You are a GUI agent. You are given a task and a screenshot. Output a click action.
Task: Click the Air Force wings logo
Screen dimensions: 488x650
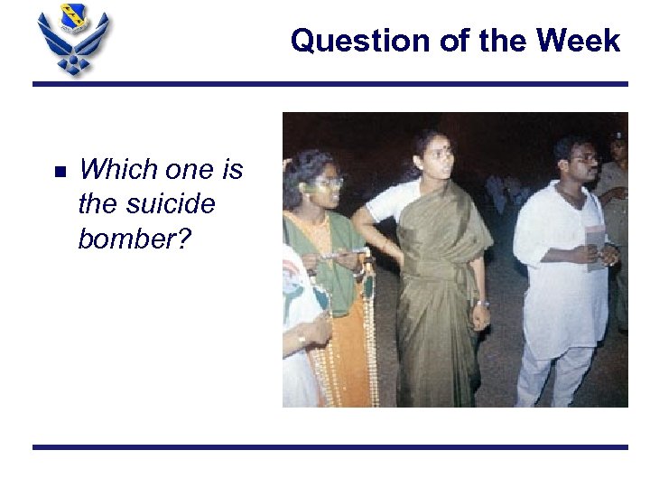[72, 43]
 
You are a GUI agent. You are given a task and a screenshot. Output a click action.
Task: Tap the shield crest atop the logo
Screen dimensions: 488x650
[73, 15]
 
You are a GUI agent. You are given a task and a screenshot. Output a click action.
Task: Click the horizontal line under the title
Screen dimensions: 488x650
[330, 84]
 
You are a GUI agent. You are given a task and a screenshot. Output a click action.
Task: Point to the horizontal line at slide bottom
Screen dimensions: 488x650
[330, 446]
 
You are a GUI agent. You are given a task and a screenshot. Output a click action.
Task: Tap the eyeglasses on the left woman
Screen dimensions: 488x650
[327, 182]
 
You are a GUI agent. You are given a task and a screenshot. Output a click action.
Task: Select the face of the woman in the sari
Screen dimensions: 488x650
[438, 161]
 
